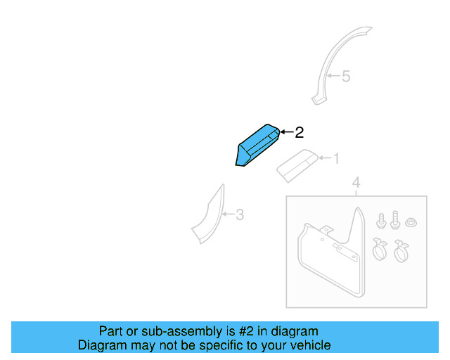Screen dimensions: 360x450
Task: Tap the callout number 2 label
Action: point(299,132)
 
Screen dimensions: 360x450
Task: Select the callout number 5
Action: point(345,76)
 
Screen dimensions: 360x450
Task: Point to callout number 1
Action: point(335,158)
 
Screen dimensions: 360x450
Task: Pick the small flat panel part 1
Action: point(299,164)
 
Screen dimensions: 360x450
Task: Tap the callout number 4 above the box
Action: point(356,184)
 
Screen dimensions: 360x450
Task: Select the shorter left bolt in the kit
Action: point(381,220)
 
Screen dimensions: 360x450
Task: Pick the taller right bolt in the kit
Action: point(394,219)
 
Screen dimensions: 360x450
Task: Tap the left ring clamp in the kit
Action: point(380,248)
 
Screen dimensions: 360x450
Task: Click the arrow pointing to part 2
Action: point(286,132)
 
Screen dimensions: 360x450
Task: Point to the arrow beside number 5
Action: point(333,76)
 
